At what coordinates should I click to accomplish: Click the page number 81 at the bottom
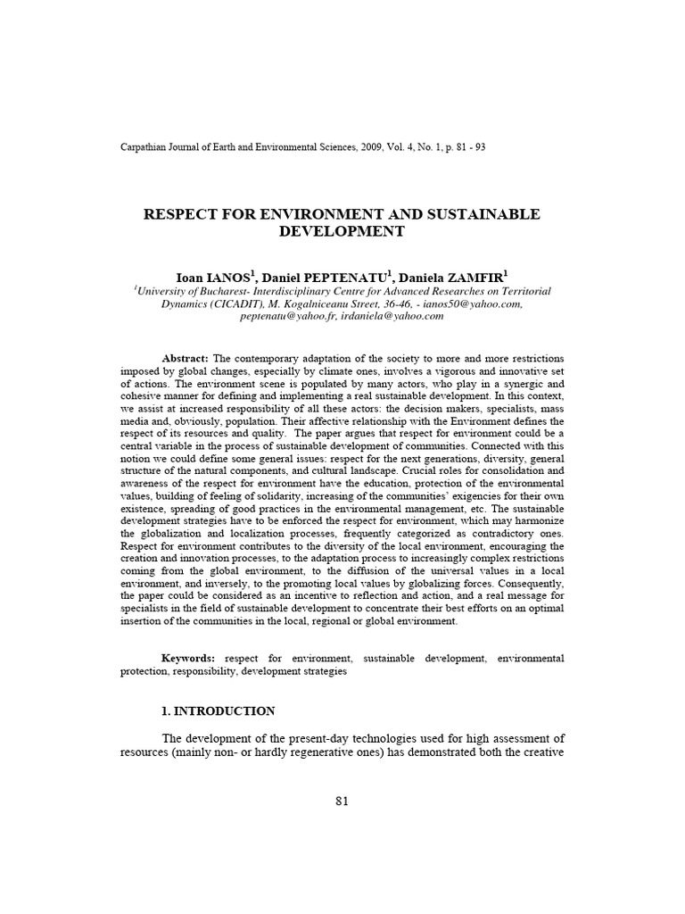tap(342, 801)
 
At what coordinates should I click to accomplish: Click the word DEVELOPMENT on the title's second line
tap(342, 231)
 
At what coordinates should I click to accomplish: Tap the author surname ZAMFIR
tap(478, 277)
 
